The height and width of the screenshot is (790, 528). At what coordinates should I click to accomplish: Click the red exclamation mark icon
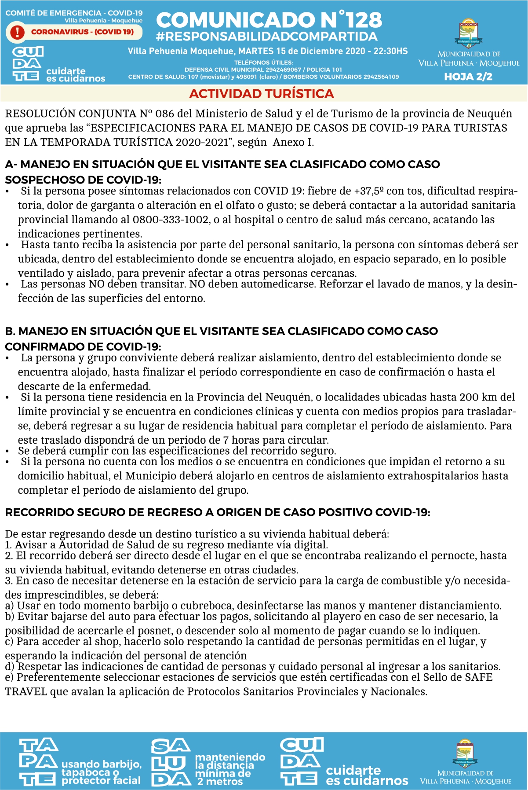point(17,32)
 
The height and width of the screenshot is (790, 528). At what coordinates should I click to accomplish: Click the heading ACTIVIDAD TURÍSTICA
point(262,94)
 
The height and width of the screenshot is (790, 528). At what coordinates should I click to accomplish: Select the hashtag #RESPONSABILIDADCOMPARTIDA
point(266,37)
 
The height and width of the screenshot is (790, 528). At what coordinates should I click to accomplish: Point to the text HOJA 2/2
point(468,77)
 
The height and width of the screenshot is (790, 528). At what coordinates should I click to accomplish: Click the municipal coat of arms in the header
point(469,33)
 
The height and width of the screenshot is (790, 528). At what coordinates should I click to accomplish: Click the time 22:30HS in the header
point(391,51)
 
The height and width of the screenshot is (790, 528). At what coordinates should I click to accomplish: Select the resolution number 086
point(165,114)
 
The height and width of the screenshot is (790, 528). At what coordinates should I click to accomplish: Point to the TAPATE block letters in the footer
point(38,763)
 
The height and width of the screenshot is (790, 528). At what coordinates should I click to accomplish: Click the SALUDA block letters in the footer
point(171,763)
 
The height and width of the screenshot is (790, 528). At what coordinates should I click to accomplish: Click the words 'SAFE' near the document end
point(479,677)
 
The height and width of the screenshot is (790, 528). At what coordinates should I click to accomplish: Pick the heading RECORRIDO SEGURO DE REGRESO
point(218,512)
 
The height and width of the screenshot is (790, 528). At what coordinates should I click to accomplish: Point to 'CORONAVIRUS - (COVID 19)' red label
point(82,32)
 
